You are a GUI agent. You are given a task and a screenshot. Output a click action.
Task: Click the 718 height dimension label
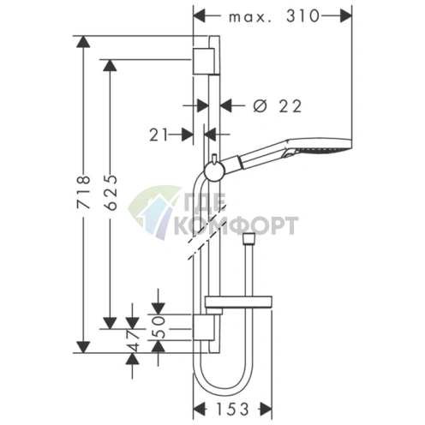84,192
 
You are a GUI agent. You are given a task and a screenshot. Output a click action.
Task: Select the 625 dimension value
111,193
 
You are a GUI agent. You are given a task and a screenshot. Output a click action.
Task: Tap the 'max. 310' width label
274,16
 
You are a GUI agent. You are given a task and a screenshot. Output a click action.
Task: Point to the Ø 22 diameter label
278,106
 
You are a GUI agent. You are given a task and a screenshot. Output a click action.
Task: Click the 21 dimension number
159,135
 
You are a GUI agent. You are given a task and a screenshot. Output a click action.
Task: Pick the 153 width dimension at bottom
232,410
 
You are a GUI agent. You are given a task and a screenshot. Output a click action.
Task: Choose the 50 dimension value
159,327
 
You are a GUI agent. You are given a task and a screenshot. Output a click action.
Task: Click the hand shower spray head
320,147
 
